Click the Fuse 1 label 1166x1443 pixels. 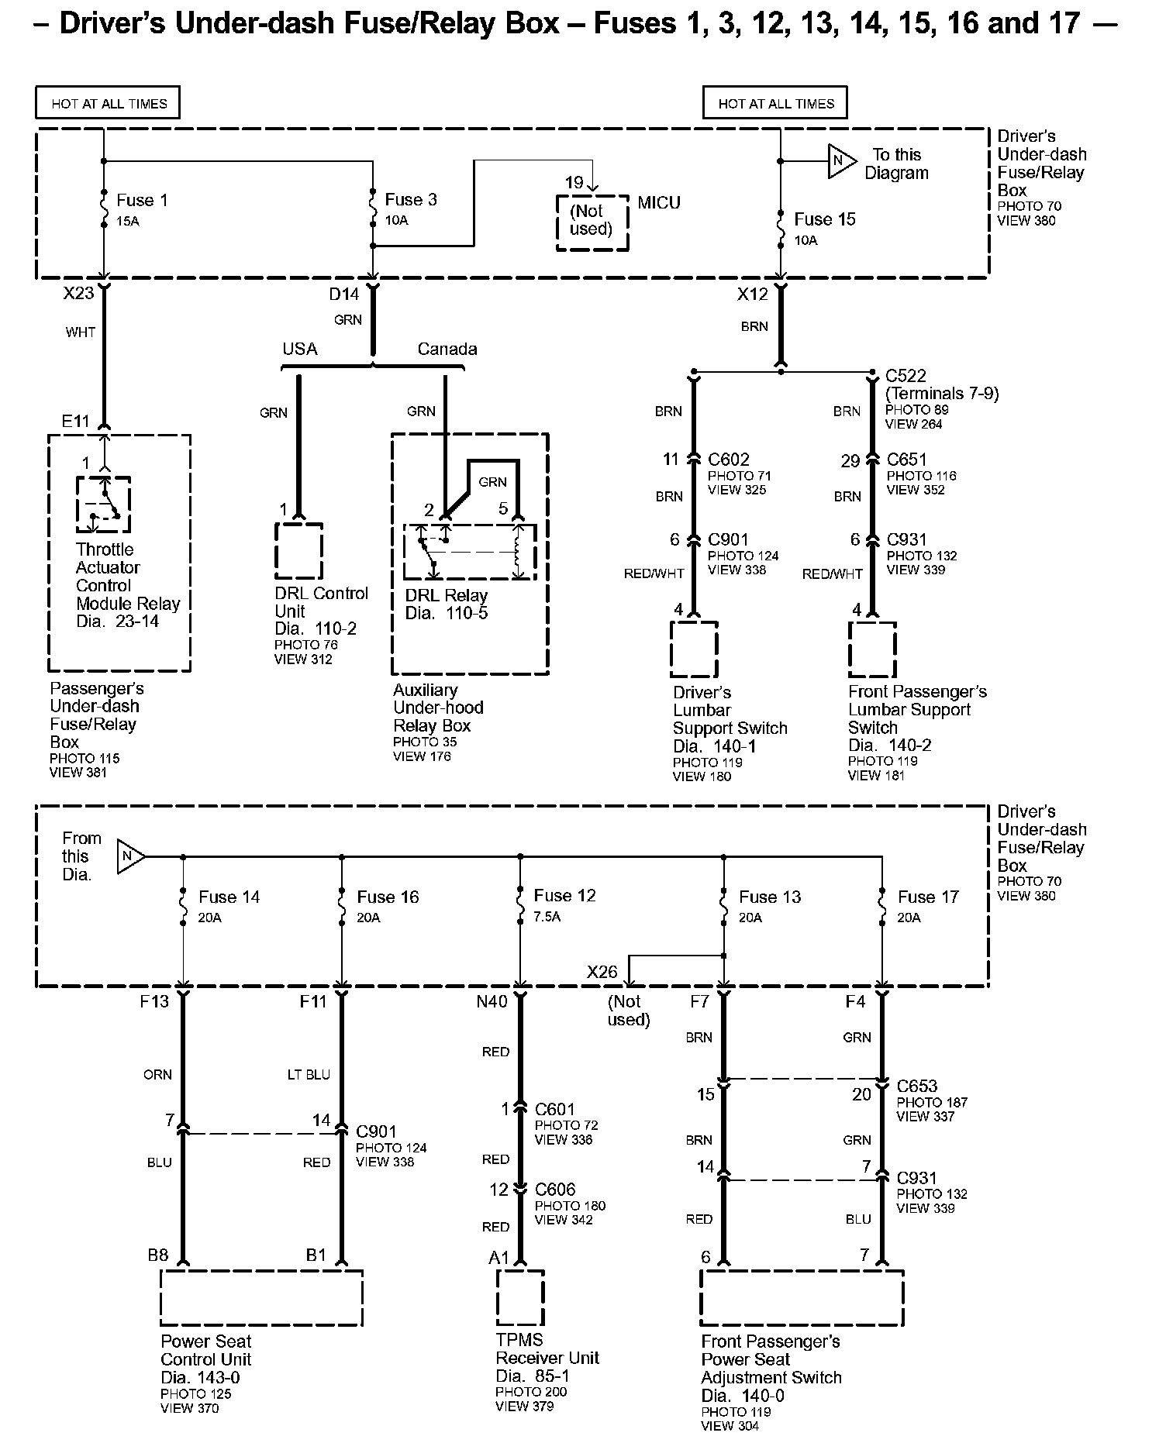(x=142, y=200)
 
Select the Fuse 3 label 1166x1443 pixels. (x=411, y=200)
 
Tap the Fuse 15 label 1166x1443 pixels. (x=825, y=219)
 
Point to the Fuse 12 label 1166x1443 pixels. (x=564, y=896)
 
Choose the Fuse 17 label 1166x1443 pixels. (x=928, y=897)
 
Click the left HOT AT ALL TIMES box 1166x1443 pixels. (x=108, y=103)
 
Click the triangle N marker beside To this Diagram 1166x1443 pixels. (x=840, y=161)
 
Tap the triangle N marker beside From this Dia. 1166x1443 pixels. (x=129, y=856)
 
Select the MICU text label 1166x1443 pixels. (x=659, y=203)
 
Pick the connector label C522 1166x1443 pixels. (x=906, y=376)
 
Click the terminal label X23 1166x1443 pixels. (x=79, y=294)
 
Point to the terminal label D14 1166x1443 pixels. (x=344, y=294)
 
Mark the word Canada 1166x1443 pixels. (x=447, y=350)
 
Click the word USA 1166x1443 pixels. (x=300, y=350)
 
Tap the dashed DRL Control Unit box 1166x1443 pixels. (x=298, y=550)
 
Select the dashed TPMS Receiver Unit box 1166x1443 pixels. (x=519, y=1297)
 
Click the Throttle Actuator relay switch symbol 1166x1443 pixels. (x=103, y=505)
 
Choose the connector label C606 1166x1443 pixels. (x=556, y=1189)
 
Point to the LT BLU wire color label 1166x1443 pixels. (x=309, y=1075)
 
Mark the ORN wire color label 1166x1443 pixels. (x=157, y=1075)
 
